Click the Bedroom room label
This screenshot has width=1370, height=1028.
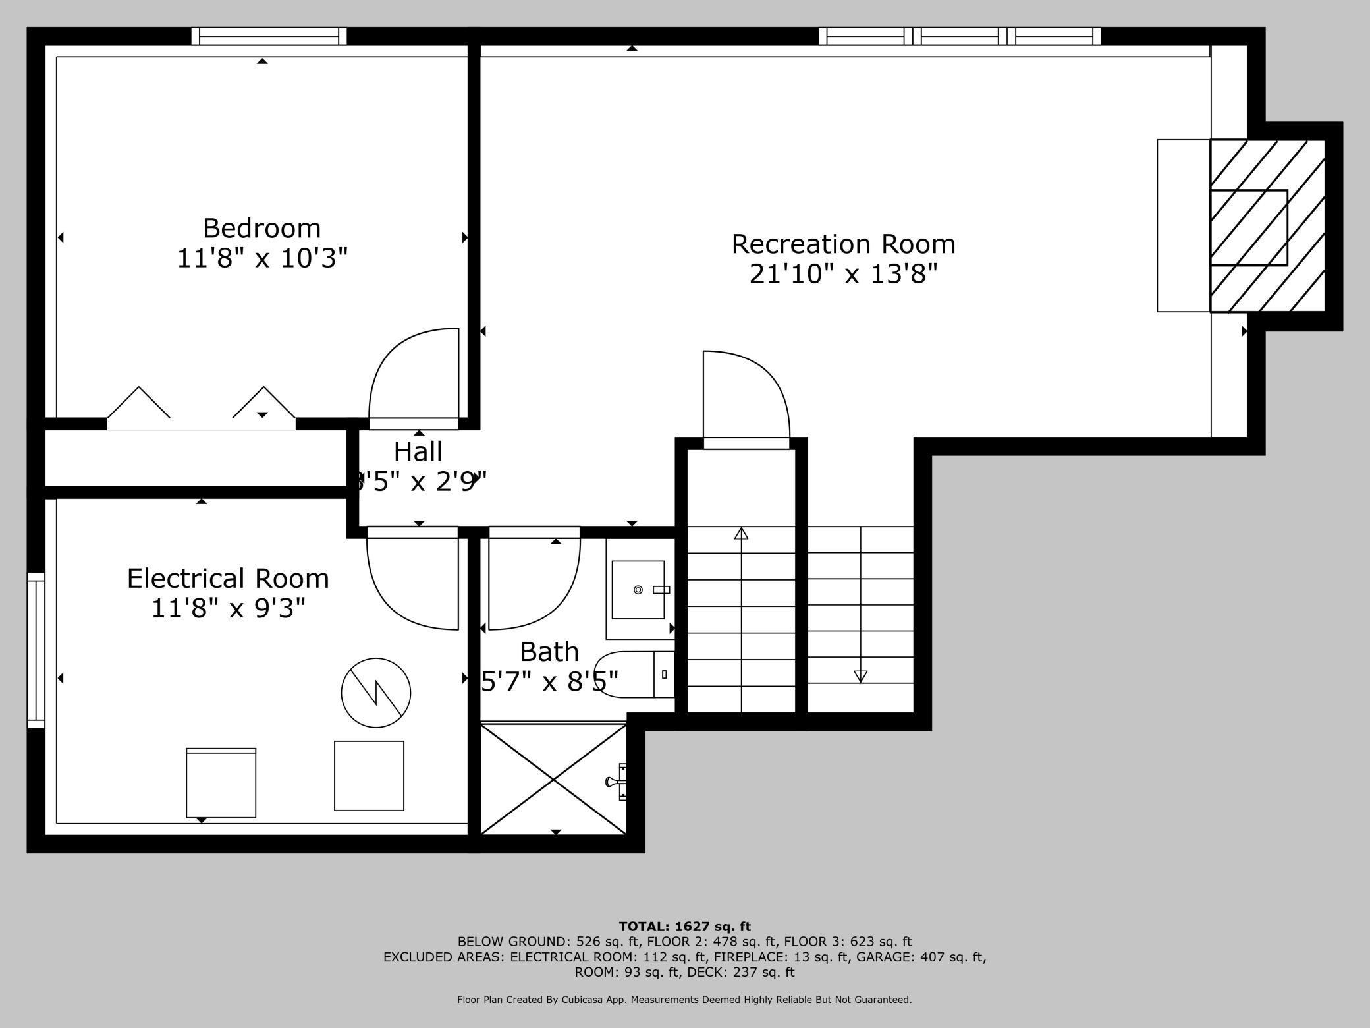point(261,228)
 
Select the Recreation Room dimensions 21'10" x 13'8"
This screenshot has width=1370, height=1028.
point(843,273)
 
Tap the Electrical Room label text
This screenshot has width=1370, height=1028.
point(228,578)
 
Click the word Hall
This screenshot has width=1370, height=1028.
point(418,452)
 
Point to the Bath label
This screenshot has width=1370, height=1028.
point(549,652)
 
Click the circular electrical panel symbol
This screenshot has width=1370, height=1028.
point(375,693)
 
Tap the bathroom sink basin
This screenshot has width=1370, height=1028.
point(638,590)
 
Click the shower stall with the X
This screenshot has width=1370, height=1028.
point(553,779)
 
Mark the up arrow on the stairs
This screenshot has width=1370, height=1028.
point(741,534)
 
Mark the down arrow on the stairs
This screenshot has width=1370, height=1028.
point(860,675)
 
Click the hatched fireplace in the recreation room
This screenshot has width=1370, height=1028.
point(1267,226)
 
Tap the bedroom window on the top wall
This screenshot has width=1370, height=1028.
point(269,36)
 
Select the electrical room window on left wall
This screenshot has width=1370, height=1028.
point(36,650)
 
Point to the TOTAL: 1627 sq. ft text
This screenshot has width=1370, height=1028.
point(684,927)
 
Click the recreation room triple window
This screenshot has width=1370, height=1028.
point(959,36)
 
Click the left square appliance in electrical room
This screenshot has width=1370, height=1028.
point(221,783)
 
